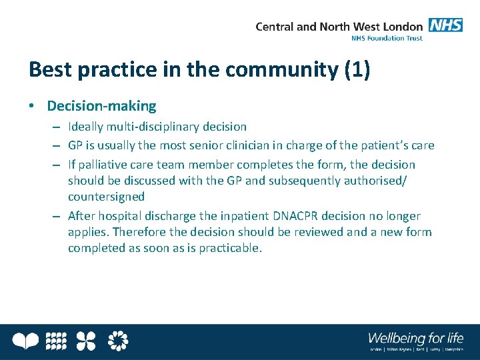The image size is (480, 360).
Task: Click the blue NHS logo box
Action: (x=446, y=25)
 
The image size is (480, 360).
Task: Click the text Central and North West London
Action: (x=339, y=27)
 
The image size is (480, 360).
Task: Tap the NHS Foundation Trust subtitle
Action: (x=387, y=39)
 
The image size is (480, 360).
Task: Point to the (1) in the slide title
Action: (x=357, y=69)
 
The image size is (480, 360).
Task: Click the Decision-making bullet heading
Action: (x=101, y=105)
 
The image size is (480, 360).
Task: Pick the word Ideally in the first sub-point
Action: (x=87, y=126)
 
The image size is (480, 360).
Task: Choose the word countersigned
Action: (x=106, y=197)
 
